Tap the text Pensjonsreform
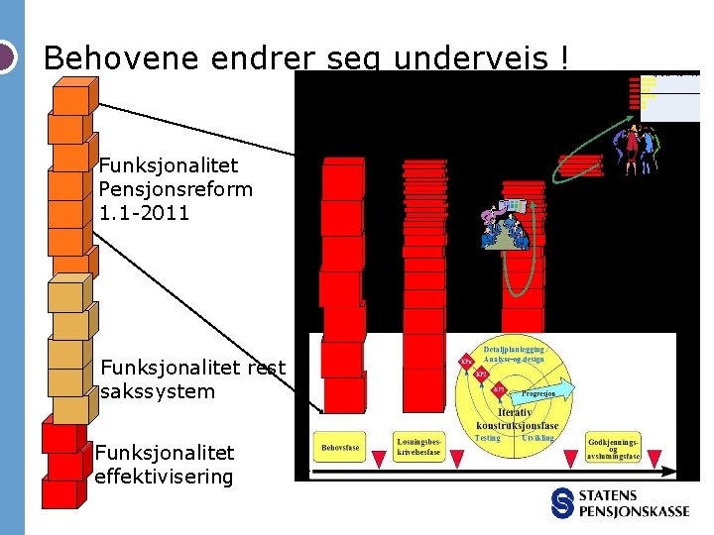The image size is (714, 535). (176, 188)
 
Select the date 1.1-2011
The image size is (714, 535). (144, 212)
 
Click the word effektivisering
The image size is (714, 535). (164, 477)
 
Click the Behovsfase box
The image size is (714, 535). (340, 448)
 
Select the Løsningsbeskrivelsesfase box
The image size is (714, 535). (418, 447)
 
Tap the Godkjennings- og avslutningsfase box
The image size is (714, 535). (614, 449)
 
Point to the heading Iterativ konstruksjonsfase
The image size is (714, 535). (516, 419)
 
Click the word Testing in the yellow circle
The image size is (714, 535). (487, 438)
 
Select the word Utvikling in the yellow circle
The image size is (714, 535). (538, 438)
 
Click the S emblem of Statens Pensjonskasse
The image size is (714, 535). (563, 503)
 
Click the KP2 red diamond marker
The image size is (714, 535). (481, 374)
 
